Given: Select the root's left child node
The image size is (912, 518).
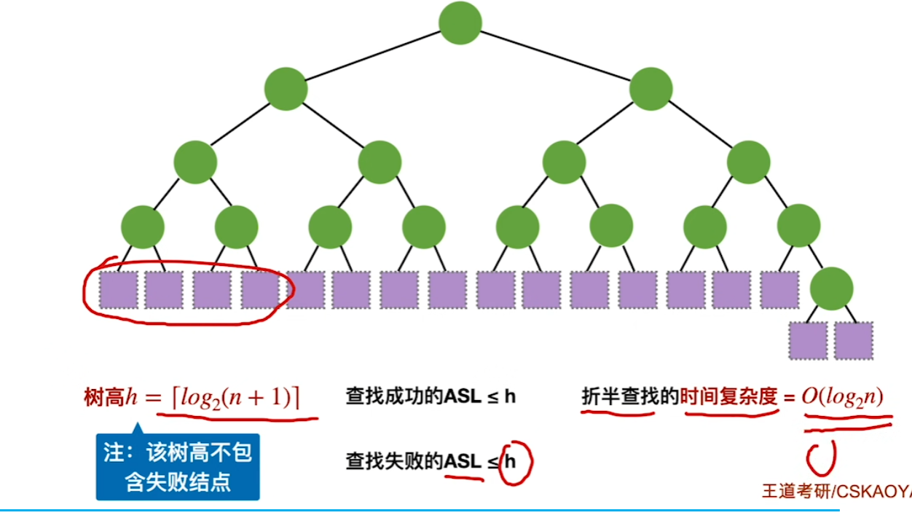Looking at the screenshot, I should coord(286,89).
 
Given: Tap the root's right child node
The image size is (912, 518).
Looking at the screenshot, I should coord(650,89).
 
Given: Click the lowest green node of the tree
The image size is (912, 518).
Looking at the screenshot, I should coord(831,289).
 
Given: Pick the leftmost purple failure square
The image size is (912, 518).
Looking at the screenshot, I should coord(118,290).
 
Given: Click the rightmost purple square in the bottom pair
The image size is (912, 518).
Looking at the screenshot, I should coord(854,341).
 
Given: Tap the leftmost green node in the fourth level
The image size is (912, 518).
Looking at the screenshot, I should coord(143,227).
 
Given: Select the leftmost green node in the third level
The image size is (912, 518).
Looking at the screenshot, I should coord(195,161).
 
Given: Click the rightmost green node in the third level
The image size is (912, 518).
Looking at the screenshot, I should coord(748,161).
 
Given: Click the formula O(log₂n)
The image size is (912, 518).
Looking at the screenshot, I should coord(842,397).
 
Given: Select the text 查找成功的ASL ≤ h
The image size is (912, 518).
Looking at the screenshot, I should coord(431,397).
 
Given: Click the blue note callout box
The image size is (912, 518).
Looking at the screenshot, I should coord(177,467).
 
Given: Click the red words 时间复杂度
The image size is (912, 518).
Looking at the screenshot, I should coord(728,397).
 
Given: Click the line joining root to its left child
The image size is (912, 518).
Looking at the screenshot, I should coord(373,55).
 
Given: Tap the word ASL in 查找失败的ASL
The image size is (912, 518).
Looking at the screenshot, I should coord(464,461).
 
